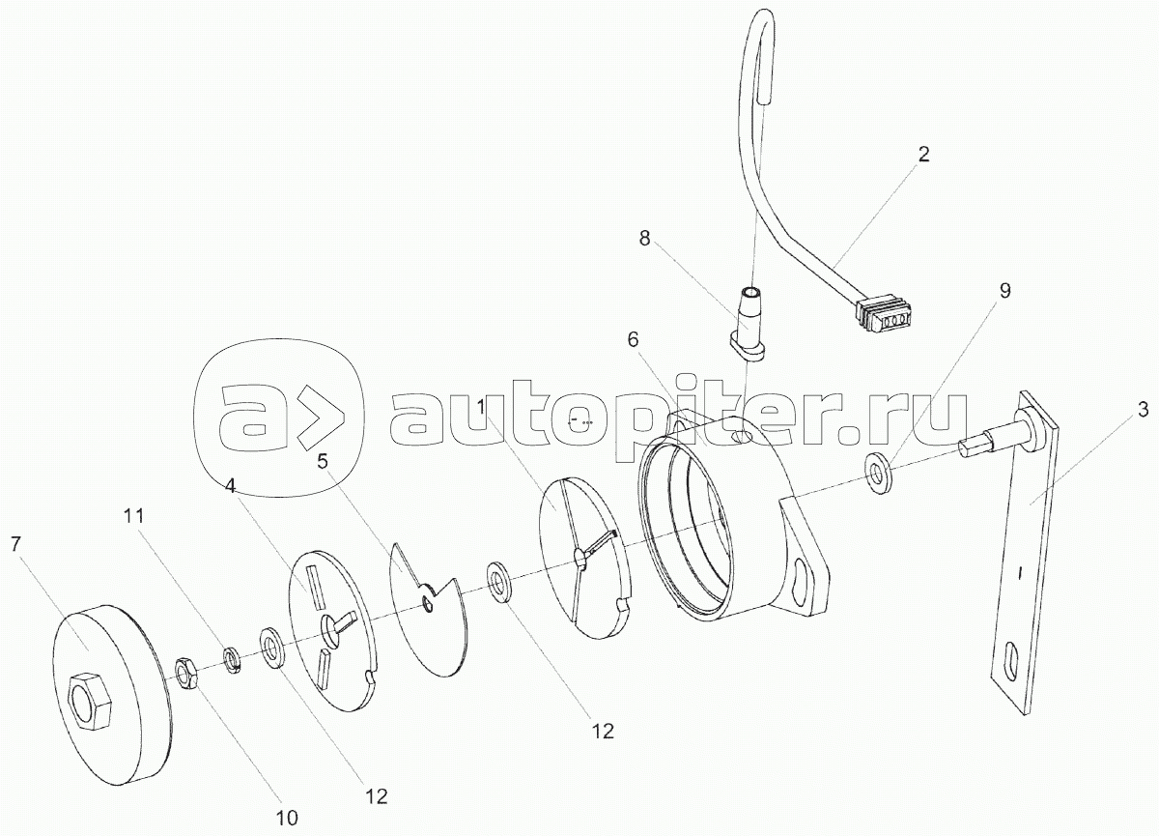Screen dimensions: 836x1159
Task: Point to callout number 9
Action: click(x=1004, y=292)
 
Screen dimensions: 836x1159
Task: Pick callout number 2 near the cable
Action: click(x=923, y=155)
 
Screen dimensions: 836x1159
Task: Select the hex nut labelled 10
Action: click(x=186, y=669)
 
